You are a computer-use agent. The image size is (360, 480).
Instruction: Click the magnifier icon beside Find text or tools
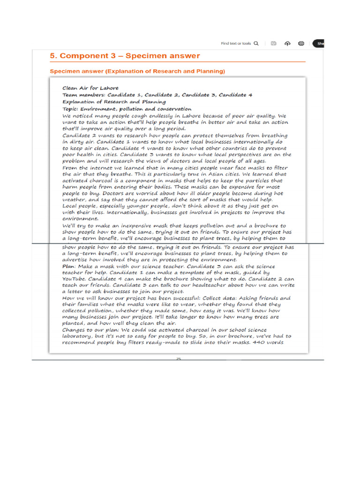tap(256, 44)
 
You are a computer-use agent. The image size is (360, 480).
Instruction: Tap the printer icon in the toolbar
tap(301, 44)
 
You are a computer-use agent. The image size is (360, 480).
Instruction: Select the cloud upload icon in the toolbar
tap(287, 44)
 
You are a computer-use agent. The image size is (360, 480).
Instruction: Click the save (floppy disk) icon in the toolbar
tap(273, 44)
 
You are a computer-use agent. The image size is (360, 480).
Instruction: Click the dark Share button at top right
tap(320, 44)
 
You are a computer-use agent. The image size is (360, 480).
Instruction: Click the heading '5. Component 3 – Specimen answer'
tap(125, 56)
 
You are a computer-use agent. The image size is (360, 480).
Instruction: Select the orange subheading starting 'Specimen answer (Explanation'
tap(137, 71)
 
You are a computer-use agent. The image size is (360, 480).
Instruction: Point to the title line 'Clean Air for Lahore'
tap(90, 88)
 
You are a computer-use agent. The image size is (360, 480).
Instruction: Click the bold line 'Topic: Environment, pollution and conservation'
tap(127, 108)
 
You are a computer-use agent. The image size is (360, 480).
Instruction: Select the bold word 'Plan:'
tap(70, 266)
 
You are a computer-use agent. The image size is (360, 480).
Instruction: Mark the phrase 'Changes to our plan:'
tap(91, 330)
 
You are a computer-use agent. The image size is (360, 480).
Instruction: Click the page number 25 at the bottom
tap(178, 359)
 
